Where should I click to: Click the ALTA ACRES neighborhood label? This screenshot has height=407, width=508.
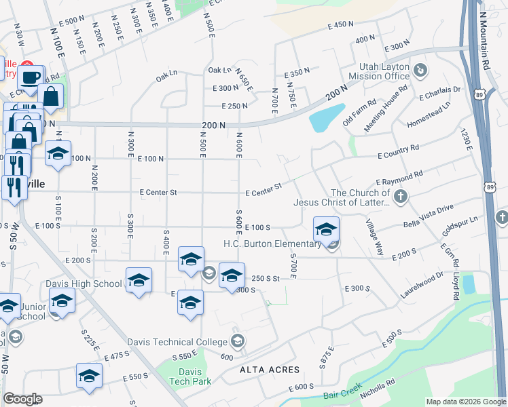point(269,370)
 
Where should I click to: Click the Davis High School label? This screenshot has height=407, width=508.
point(84,284)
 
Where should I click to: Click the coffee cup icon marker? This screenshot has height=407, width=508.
point(31,76)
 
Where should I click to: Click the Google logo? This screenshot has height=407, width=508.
point(22,399)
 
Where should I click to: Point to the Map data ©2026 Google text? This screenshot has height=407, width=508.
point(465,402)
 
